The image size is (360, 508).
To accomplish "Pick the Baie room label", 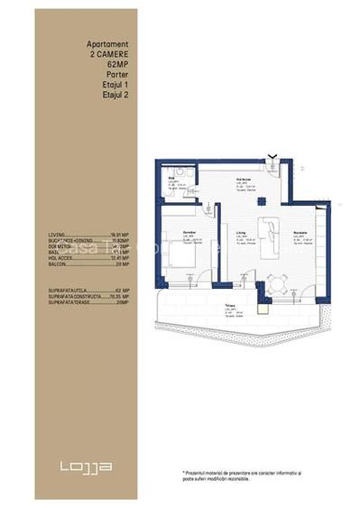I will point(169,180).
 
